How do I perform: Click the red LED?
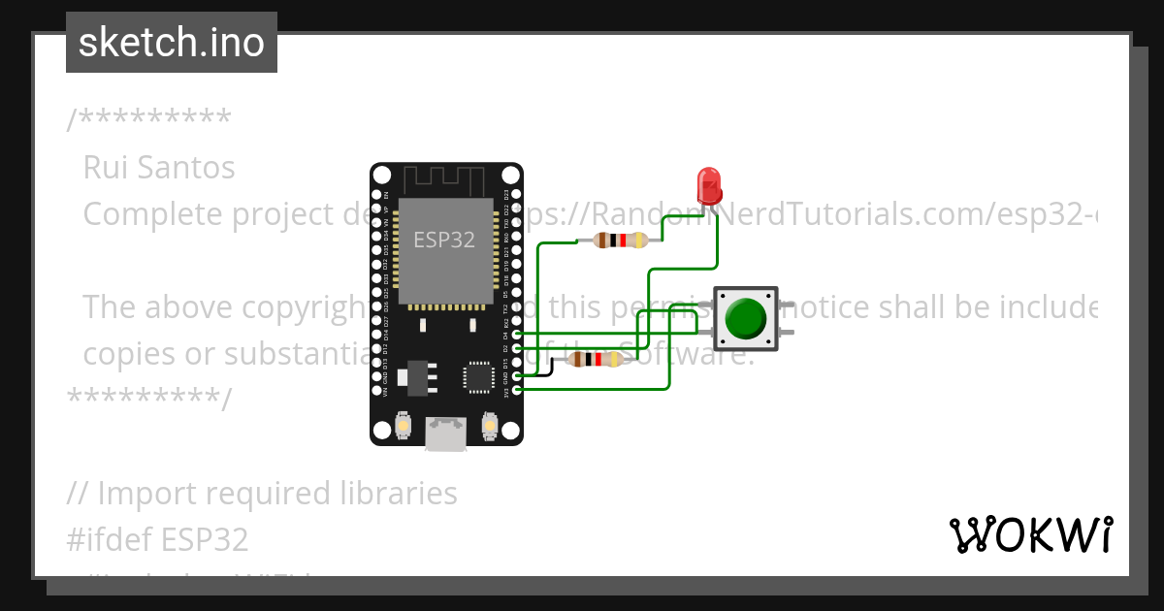click(x=709, y=183)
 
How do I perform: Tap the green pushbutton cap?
click(x=745, y=317)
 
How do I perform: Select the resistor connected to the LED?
click(x=621, y=241)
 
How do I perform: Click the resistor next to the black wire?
click(x=595, y=360)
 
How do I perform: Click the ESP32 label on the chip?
click(x=444, y=240)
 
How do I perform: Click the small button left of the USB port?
click(x=404, y=425)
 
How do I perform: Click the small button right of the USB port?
click(x=490, y=425)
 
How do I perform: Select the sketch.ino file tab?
click(x=172, y=43)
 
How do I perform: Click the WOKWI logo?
click(x=1030, y=534)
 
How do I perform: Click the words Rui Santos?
click(x=159, y=168)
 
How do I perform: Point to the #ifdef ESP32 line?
click(x=158, y=539)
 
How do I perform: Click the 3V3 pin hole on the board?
click(x=517, y=390)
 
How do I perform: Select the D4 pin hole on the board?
click(x=517, y=335)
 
